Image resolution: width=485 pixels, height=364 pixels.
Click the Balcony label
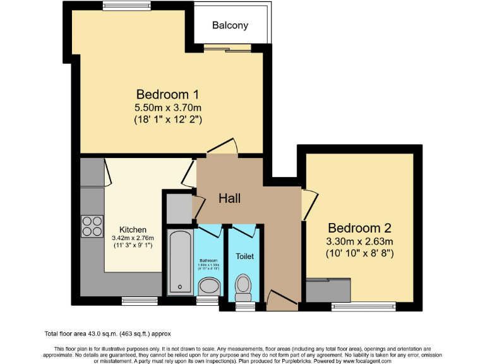(x=230, y=26)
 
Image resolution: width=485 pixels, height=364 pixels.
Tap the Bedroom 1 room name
(x=167, y=95)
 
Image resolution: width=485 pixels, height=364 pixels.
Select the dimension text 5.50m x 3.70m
(x=167, y=107)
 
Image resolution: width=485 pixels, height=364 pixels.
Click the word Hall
(x=229, y=198)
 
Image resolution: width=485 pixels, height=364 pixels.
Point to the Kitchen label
(x=133, y=229)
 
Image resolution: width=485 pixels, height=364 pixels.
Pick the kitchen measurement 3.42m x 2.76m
(x=133, y=238)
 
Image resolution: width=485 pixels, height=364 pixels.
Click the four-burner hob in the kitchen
(x=92, y=226)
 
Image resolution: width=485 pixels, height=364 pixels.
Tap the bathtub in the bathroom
(x=180, y=262)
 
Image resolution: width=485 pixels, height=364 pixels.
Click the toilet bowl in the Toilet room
(x=243, y=288)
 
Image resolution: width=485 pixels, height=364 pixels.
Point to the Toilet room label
(x=244, y=257)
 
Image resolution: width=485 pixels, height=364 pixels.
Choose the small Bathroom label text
(x=208, y=260)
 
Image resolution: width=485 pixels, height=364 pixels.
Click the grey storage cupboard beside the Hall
(x=179, y=207)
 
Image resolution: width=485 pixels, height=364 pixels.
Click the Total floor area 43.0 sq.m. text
(x=107, y=334)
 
